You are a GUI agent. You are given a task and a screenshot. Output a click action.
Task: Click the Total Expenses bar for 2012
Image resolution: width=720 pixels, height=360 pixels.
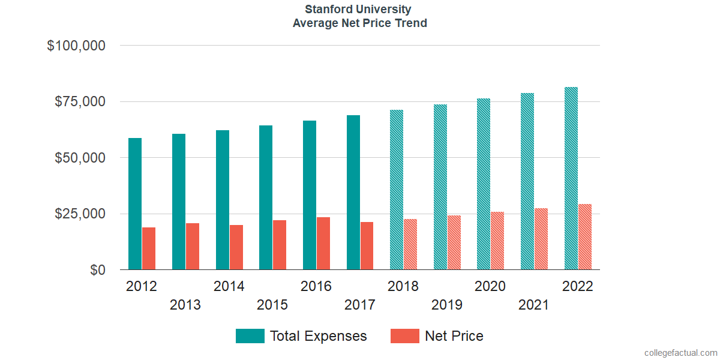coord(135,204)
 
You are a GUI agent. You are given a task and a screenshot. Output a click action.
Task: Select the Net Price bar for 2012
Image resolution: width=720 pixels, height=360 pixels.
coord(149,248)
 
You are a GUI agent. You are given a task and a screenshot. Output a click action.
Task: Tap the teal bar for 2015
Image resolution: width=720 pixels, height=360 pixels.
coord(266,197)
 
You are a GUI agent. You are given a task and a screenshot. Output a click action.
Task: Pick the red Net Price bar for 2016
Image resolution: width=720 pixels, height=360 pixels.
coord(323,244)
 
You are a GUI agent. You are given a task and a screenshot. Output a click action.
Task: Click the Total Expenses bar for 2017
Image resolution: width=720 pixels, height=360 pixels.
coord(353,193)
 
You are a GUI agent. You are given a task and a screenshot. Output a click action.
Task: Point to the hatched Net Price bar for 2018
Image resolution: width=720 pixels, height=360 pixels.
coord(410,244)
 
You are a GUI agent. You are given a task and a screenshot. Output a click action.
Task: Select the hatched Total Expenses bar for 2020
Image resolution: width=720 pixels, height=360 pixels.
coord(484,184)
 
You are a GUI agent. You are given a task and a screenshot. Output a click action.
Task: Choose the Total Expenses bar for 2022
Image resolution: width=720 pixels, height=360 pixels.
coord(571,178)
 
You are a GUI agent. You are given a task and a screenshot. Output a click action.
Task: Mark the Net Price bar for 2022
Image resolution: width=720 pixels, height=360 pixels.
coord(585,237)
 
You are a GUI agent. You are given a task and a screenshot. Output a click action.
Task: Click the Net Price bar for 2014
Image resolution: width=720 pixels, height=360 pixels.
coord(236,247)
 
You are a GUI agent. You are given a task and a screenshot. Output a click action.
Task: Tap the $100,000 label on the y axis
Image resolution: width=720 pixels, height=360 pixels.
coord(76,46)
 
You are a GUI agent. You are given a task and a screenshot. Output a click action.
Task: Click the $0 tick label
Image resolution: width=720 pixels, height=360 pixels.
coord(98,271)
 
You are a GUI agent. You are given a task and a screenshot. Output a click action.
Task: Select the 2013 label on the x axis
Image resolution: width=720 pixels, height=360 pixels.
coord(185,305)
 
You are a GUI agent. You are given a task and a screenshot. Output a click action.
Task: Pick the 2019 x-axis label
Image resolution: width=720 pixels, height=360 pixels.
coord(447,305)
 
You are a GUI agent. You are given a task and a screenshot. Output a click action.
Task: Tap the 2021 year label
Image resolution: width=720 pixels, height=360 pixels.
coord(534,305)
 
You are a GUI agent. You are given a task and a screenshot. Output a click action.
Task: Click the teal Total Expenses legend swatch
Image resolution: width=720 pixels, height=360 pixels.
coord(250,336)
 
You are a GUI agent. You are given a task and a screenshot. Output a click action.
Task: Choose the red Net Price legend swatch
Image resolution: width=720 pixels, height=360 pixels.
coord(405,336)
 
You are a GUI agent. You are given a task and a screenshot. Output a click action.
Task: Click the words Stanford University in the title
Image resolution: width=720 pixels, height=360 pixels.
coord(358,10)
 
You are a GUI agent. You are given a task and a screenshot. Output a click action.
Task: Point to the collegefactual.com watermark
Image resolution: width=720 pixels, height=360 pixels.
coord(680,352)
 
